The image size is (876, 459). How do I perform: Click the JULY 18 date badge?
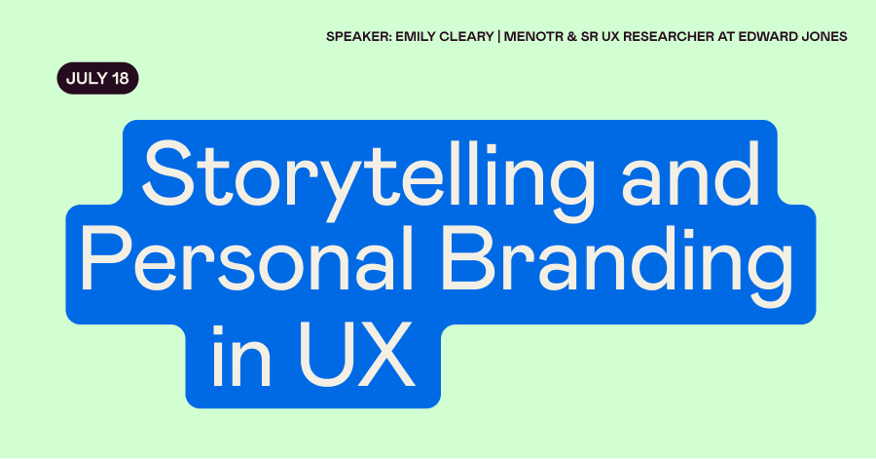tap(97, 78)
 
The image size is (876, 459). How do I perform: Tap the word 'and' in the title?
tap(691, 173)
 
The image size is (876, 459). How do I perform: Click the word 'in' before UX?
tap(241, 356)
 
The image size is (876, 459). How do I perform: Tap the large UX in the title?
tap(357, 355)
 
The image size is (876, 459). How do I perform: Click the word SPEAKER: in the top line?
tap(358, 37)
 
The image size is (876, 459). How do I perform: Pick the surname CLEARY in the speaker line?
tap(467, 37)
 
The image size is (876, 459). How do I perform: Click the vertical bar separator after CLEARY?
tap(499, 37)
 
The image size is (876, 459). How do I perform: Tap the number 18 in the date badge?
tap(121, 78)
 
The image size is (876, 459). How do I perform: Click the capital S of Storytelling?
tap(167, 172)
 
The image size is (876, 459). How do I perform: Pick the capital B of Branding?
tap(467, 257)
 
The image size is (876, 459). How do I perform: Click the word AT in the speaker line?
tap(726, 37)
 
